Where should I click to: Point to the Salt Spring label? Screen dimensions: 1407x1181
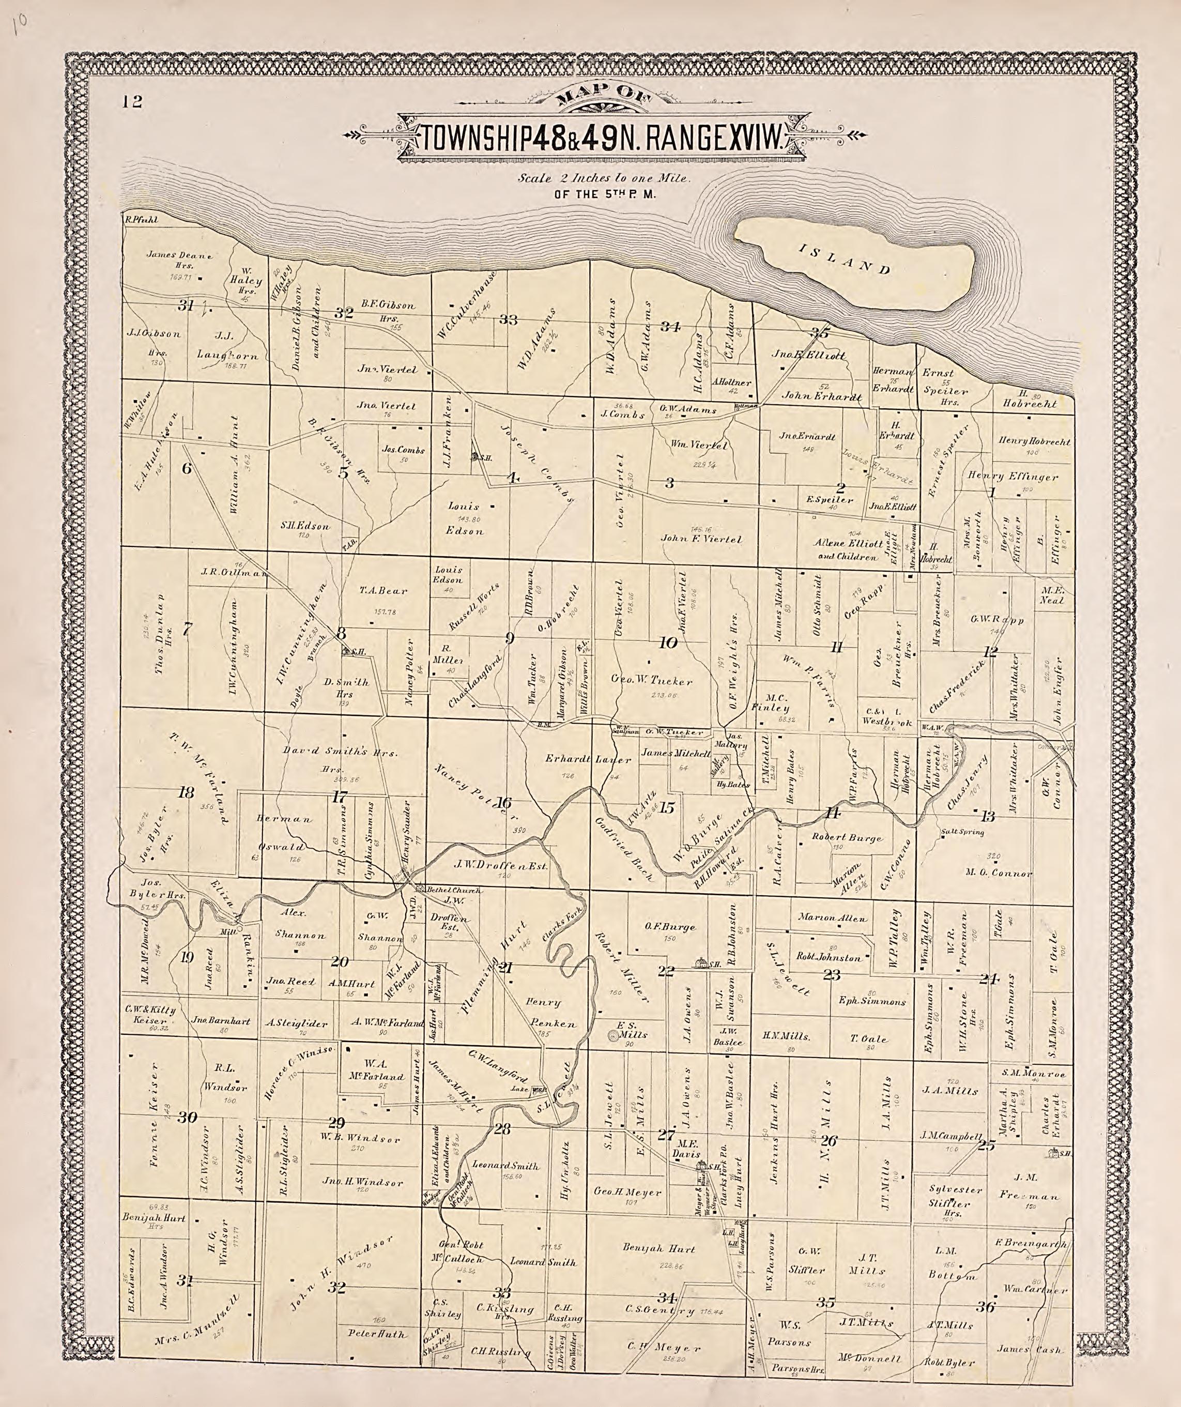pos(962,833)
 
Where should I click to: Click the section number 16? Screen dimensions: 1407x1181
pos(504,803)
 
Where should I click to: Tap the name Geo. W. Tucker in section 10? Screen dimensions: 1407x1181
pos(652,681)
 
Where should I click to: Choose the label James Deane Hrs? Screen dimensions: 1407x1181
pos(179,260)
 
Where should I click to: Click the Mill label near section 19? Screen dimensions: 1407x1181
pos(226,932)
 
